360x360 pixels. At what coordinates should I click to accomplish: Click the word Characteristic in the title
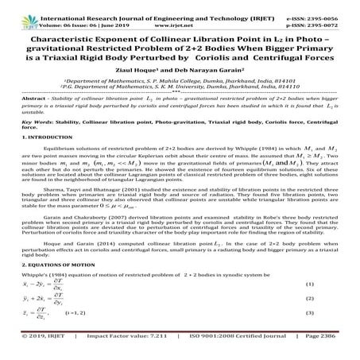point(64,36)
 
